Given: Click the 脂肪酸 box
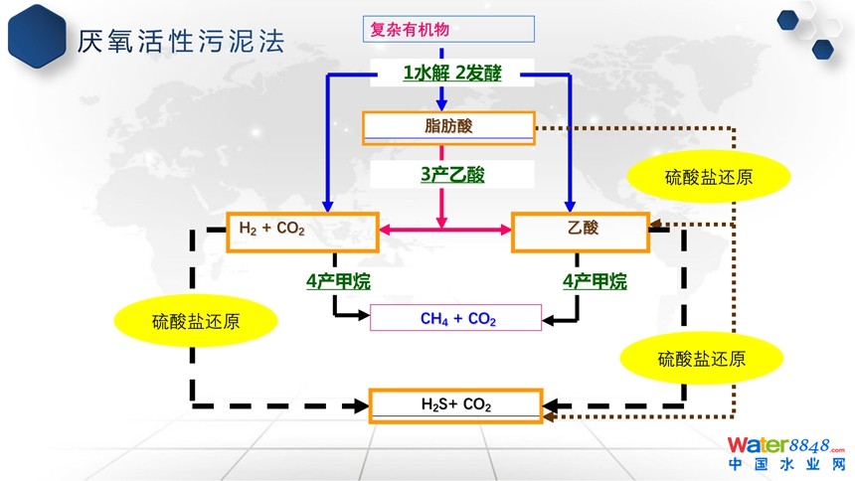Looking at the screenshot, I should coord(448,126).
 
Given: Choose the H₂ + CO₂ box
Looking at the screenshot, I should coord(302,232).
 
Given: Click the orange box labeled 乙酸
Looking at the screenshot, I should coord(579,232).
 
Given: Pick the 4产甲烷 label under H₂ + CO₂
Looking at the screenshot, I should coord(338,281).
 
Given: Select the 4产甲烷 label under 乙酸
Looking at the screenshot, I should coord(595,281).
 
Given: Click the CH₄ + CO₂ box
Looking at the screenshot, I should coord(456,318).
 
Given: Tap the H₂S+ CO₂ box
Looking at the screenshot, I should coord(456,404).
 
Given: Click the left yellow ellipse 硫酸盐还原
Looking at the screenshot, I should coord(195,321).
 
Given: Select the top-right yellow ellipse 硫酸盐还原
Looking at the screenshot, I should coord(708,178).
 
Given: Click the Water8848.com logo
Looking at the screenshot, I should coord(785,444).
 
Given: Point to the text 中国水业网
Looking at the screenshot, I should coord(785,464).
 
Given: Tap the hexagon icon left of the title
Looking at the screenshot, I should coord(36,37).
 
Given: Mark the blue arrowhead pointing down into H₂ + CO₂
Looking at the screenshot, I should coord(327,205).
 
